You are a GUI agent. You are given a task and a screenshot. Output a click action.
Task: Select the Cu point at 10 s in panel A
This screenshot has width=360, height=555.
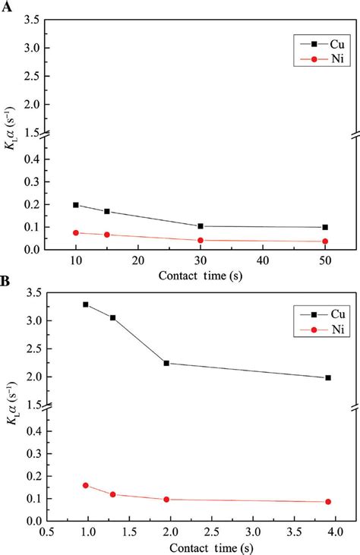point(76,205)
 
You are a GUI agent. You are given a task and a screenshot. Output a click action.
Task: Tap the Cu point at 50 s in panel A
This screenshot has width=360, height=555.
point(325,227)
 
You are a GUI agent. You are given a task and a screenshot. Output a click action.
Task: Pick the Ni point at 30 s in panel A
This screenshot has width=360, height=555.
point(201,241)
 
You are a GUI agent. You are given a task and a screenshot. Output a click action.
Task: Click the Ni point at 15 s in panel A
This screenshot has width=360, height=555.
point(107,235)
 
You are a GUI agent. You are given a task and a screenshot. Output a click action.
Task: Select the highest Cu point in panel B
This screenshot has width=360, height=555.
point(86,304)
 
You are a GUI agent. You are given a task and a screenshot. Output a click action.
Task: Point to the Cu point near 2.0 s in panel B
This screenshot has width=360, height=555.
point(166,363)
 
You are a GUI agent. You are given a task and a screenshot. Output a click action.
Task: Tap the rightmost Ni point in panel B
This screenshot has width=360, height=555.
point(328,502)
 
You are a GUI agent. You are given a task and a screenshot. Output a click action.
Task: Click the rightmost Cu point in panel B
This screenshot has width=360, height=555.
point(328,377)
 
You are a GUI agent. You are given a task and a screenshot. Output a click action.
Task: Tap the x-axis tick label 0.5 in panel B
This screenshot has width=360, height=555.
point(47,534)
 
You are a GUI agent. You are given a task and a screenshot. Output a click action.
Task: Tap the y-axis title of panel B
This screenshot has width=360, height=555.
point(13,419)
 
